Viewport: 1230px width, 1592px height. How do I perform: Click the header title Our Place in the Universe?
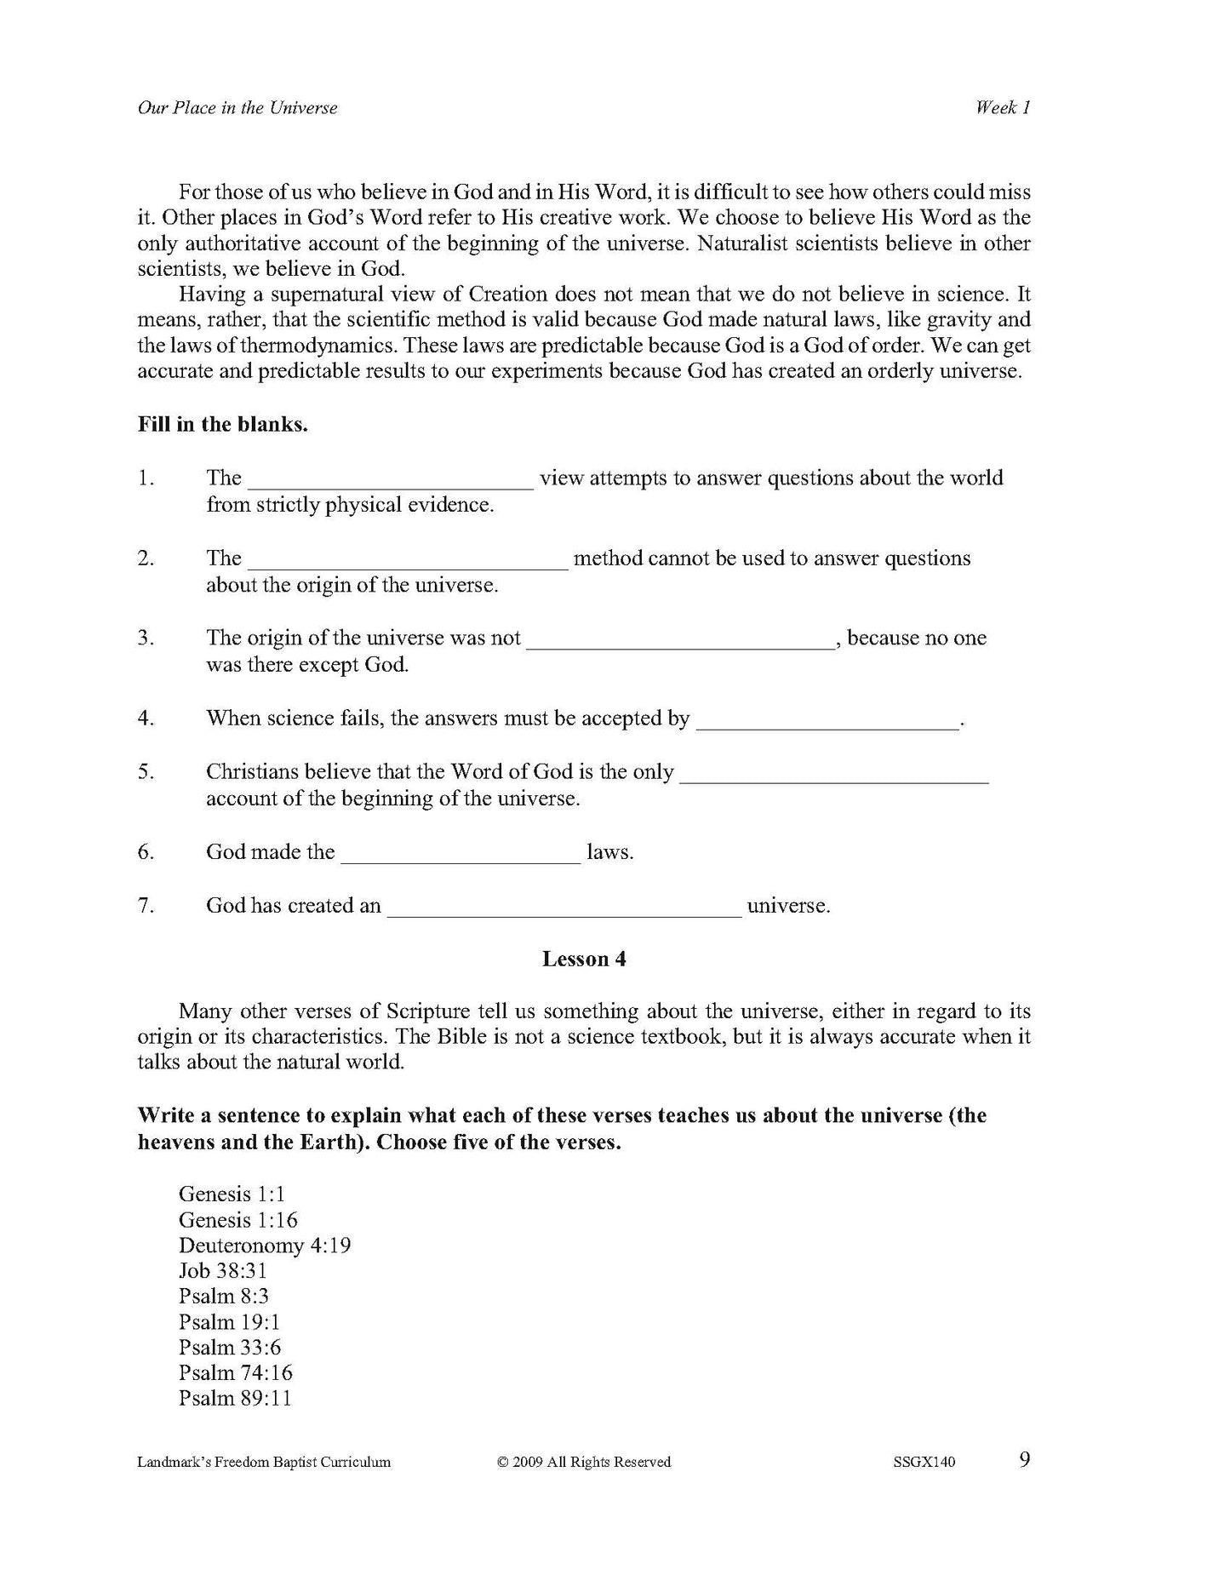237,108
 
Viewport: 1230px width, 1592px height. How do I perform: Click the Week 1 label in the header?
1003,108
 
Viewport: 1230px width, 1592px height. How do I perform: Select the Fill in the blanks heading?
223,425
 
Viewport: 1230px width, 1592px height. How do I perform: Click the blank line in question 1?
391,481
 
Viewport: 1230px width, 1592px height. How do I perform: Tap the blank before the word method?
408,561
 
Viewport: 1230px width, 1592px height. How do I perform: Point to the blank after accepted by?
827,721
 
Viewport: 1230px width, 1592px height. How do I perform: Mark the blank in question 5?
835,775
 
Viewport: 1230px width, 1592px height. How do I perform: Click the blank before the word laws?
461,855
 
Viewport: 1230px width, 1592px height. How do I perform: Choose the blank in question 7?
564,908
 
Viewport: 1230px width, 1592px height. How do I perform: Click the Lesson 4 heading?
584,959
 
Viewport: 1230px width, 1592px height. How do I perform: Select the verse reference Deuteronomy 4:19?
265,1246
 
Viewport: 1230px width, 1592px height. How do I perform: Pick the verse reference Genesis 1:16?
238,1220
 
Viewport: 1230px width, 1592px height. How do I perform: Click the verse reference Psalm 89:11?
235,1398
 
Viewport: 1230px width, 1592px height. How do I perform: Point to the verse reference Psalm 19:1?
229,1322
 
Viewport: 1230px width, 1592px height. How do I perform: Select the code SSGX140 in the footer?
924,1463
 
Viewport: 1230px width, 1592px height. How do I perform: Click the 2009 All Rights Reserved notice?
584,1463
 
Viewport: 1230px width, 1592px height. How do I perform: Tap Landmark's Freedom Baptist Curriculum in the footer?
264,1463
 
